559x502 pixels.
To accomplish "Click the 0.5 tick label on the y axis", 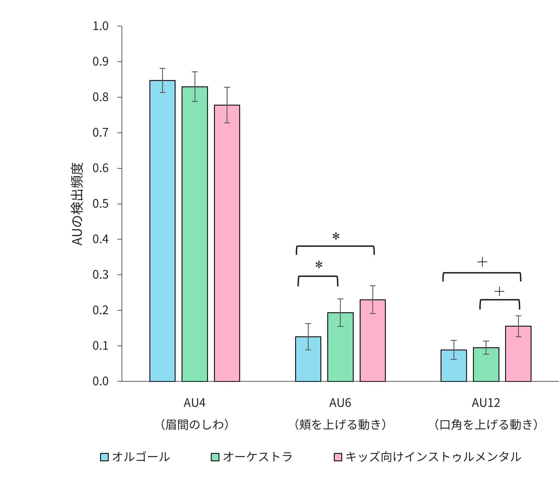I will click(x=100, y=204).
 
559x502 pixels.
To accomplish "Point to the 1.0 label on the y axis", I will click(x=100, y=26).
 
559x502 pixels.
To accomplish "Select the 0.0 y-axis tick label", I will click(x=100, y=381).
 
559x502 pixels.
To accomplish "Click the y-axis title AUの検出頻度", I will click(x=77, y=204).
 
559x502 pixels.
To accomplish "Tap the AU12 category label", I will click(x=486, y=403).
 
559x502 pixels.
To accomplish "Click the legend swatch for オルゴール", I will click(x=104, y=457).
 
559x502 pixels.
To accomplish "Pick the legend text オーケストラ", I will click(x=258, y=457).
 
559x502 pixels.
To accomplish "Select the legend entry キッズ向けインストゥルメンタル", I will click(x=433, y=457).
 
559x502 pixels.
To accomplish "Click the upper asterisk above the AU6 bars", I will click(x=336, y=237).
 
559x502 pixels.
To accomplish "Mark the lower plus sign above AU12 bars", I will click(x=499, y=292).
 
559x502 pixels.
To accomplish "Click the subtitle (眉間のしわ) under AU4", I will click(x=195, y=425).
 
